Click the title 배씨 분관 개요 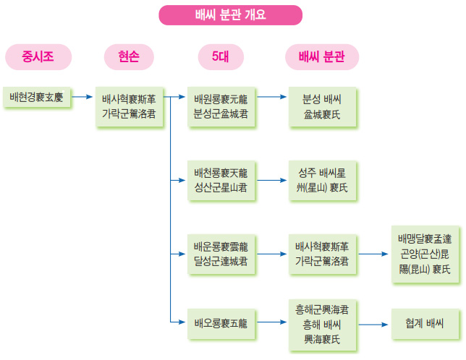tap(231, 14)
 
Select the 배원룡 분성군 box tap(221, 105)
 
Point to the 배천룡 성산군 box tap(221, 179)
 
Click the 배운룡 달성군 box tap(221, 254)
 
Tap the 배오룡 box tap(221, 322)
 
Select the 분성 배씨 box tap(321, 105)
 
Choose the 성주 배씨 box tap(321, 179)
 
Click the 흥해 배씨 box tap(321, 322)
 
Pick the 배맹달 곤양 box tap(424, 254)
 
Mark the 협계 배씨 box tap(424, 322)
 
